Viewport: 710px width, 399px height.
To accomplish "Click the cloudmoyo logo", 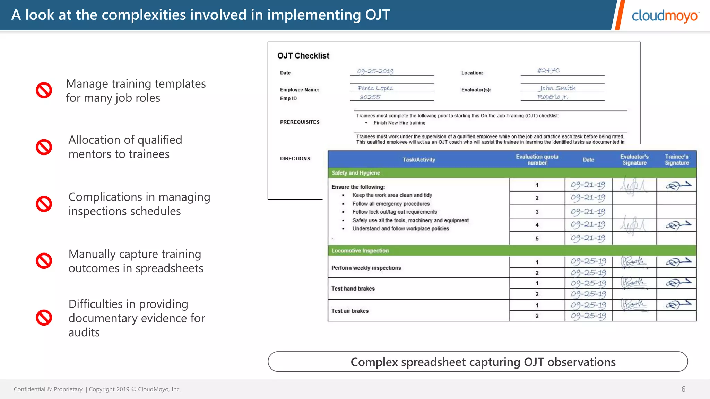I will [x=665, y=16].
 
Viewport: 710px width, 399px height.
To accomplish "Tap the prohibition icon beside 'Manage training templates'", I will [x=44, y=90].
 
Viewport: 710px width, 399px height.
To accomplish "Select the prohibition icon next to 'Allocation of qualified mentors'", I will [x=44, y=147].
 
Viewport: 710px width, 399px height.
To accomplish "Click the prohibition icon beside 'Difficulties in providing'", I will [x=44, y=318].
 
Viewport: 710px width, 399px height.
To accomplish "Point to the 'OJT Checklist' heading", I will [x=303, y=56].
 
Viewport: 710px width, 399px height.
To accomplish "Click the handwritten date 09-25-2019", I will [x=375, y=71].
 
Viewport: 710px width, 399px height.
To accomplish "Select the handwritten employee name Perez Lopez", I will [x=375, y=88].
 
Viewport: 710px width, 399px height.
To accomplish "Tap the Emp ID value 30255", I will [x=370, y=97].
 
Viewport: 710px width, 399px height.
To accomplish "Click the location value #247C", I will [x=548, y=71].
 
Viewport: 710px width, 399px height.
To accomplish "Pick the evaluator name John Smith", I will [x=557, y=88].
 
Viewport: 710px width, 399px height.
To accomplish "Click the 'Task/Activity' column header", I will [x=418, y=160].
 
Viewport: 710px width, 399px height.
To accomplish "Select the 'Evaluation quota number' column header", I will [x=537, y=160].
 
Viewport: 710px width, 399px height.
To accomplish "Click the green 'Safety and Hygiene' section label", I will [x=356, y=173].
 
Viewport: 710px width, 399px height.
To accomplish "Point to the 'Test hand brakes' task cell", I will [x=353, y=289].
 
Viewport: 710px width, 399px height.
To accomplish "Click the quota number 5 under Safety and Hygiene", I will [x=537, y=239].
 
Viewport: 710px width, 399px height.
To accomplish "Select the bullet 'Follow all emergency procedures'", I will [x=391, y=204].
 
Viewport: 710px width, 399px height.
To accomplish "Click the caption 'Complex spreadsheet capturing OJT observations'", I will [x=483, y=362].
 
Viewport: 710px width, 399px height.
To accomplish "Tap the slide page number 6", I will [x=683, y=389].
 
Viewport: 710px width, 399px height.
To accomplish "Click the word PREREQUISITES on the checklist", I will [x=300, y=122].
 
